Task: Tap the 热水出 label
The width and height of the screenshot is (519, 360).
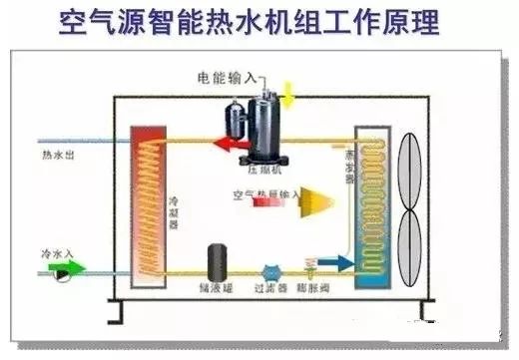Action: [x=57, y=157]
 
